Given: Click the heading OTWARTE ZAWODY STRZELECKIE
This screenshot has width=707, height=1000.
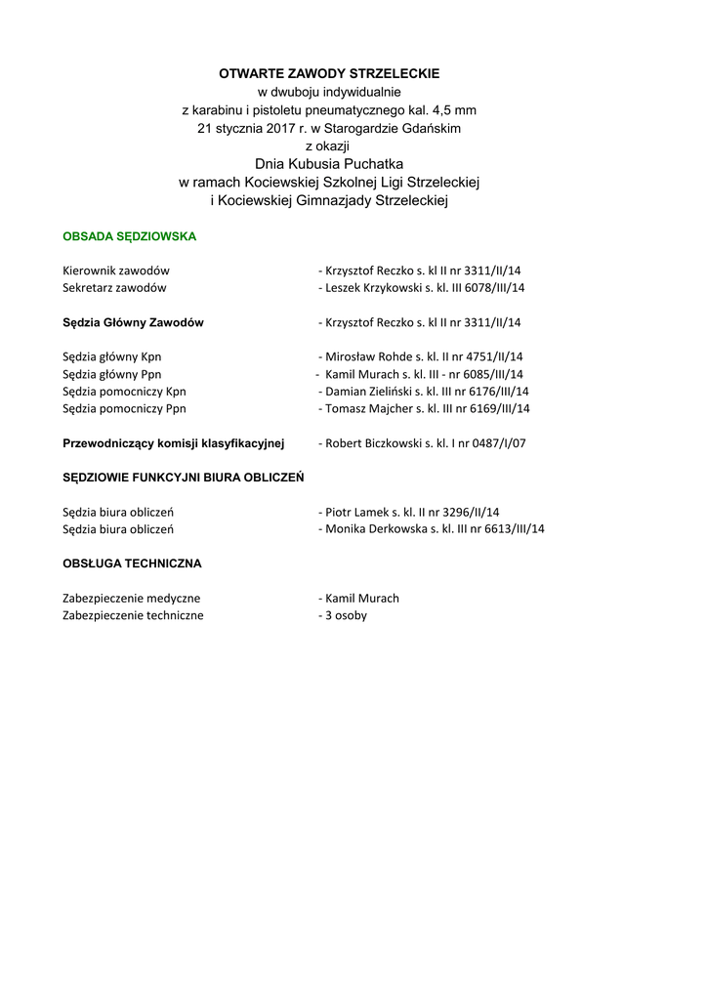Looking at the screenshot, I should click(x=329, y=73).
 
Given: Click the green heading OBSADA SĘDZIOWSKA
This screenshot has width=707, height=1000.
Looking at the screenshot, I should click(x=130, y=236).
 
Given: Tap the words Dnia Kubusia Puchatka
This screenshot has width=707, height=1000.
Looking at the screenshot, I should click(x=329, y=163).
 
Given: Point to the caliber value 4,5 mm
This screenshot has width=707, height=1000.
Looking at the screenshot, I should click(x=453, y=109).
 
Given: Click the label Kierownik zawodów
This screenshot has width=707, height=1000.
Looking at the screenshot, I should click(x=116, y=271).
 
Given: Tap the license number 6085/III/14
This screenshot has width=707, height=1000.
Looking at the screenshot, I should click(x=491, y=374).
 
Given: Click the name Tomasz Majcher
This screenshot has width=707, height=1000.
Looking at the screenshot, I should click(x=364, y=408).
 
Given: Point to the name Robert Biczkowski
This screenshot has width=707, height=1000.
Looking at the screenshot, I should click(x=372, y=443).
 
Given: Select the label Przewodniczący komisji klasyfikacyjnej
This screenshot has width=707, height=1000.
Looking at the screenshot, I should click(x=173, y=443).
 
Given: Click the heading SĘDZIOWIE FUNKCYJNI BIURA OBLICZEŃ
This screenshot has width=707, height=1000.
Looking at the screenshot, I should click(x=184, y=478).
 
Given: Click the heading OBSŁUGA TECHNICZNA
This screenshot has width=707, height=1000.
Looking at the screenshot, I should click(x=132, y=563).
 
